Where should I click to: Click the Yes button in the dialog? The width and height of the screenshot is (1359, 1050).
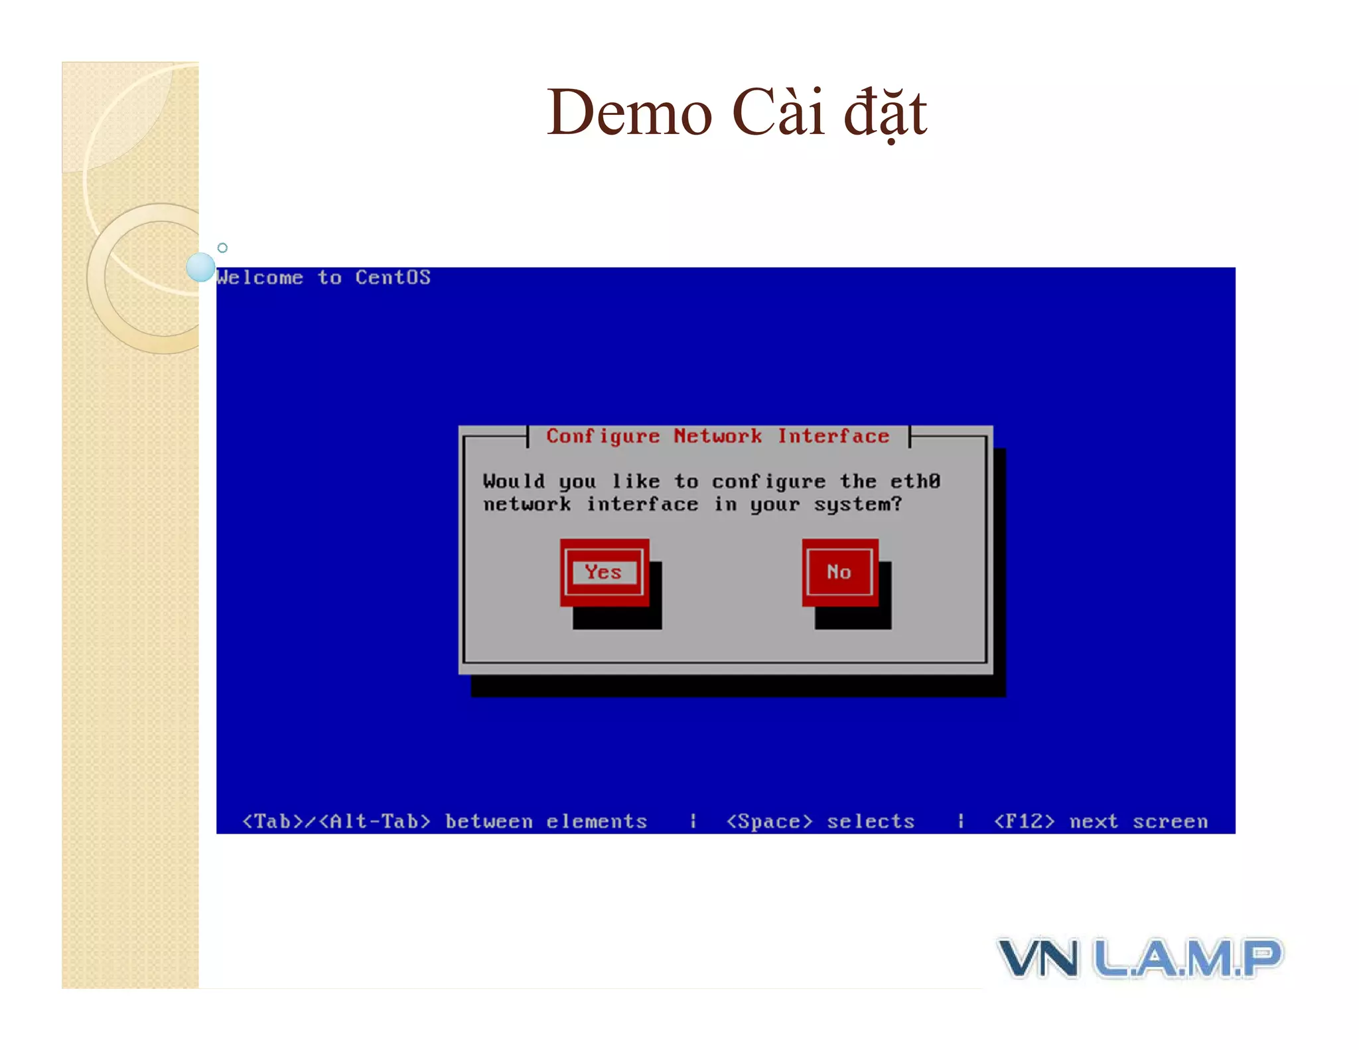[603, 572]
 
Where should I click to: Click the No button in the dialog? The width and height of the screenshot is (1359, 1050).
[839, 572]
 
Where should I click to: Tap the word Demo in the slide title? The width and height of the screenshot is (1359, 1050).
[629, 113]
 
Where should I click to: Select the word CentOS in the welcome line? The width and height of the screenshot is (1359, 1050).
[392, 277]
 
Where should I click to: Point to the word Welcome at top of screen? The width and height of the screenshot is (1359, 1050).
[260, 277]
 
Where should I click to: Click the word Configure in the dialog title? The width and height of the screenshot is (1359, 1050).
[603, 437]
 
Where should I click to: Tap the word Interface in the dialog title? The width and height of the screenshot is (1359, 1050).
[833, 437]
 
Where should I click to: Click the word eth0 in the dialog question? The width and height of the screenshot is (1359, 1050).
[915, 481]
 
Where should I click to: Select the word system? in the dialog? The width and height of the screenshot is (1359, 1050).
[858, 505]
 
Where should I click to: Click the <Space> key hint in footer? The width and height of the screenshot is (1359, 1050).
[770, 822]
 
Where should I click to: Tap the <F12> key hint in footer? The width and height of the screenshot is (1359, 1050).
[1024, 822]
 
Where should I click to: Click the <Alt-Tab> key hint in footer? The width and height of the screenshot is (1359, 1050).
[375, 822]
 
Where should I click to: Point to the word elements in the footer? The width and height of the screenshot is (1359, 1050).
[597, 822]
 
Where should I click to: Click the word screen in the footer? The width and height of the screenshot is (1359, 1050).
[1170, 822]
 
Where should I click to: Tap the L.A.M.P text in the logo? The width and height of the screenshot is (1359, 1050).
[1188, 958]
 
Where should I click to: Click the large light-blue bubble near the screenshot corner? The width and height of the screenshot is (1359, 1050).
[200, 267]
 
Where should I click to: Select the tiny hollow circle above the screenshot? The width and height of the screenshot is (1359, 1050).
[223, 248]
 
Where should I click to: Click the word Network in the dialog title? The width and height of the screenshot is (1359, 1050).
[717, 437]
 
